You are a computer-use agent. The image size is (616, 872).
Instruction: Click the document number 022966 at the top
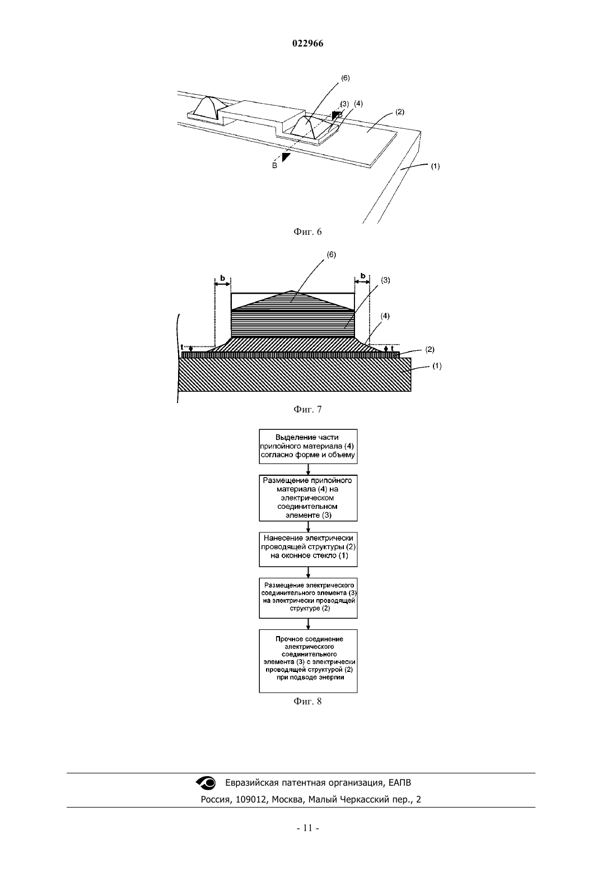coord(307,43)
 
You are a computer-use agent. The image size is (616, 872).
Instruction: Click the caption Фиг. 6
coord(307,231)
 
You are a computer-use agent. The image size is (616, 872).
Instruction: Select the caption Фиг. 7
coord(307,409)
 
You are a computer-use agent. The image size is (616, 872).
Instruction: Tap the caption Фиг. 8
coord(307,701)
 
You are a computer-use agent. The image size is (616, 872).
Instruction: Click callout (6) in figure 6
coord(346,78)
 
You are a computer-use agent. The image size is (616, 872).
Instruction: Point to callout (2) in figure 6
coord(400,112)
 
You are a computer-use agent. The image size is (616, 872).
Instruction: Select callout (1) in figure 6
coord(435,166)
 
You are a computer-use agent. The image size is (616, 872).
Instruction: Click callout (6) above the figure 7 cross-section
coord(332,254)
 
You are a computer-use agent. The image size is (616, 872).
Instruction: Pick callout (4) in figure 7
coord(385,316)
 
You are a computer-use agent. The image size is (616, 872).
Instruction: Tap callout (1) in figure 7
coord(437,366)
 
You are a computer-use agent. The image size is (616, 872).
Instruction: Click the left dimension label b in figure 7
coord(222,278)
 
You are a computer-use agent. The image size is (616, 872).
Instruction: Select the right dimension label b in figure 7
coord(363,276)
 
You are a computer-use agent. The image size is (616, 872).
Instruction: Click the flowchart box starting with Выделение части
coord(308,447)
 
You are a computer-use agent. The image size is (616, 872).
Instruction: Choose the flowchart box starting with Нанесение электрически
coord(308,549)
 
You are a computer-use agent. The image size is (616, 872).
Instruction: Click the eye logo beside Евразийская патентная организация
coord(206,782)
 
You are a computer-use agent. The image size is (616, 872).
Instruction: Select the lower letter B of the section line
coord(274,165)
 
